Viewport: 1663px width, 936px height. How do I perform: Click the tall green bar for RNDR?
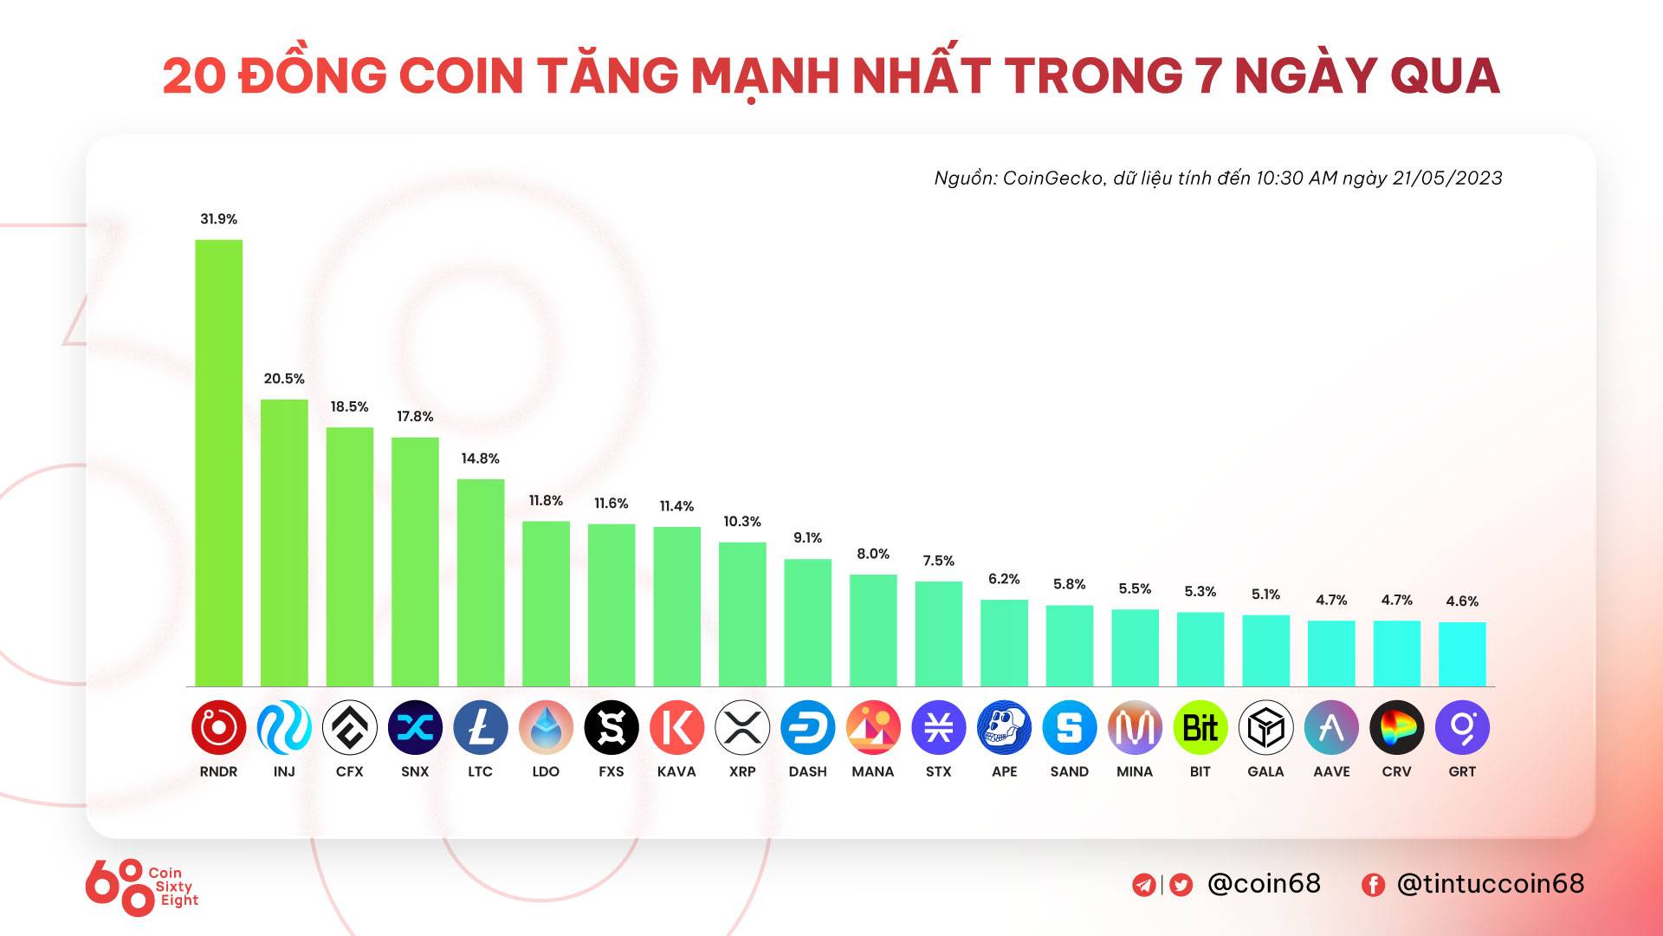(x=218, y=463)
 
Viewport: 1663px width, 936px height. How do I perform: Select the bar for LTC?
(x=481, y=582)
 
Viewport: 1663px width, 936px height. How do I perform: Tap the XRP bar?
(x=742, y=614)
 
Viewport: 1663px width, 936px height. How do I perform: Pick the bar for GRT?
(x=1462, y=654)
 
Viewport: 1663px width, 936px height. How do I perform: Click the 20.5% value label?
(x=284, y=379)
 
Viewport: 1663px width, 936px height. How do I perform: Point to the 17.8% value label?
(x=415, y=417)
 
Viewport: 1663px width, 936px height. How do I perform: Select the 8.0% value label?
(x=873, y=554)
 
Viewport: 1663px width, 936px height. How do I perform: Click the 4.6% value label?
(x=1462, y=601)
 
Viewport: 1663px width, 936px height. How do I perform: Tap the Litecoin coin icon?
(x=481, y=727)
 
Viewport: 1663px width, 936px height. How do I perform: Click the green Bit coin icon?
(x=1200, y=727)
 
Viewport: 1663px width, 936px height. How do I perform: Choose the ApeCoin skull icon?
(x=1004, y=727)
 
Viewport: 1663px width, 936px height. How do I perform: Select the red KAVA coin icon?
(x=676, y=727)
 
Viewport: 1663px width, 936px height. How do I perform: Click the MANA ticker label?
(x=873, y=771)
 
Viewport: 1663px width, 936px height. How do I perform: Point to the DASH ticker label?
(x=807, y=771)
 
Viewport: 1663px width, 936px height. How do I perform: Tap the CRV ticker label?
(x=1396, y=771)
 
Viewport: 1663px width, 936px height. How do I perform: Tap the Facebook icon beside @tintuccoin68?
(x=1373, y=885)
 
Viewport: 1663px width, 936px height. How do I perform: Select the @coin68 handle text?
(x=1264, y=883)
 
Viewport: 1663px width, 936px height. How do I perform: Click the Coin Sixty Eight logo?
(x=142, y=887)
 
